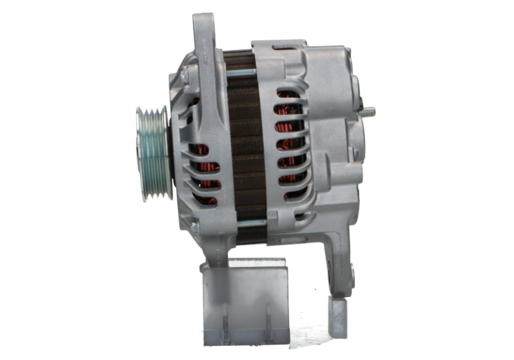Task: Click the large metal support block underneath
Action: coord(245,304)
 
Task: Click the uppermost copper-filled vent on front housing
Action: coord(200,149)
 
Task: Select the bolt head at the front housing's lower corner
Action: coord(194,228)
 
